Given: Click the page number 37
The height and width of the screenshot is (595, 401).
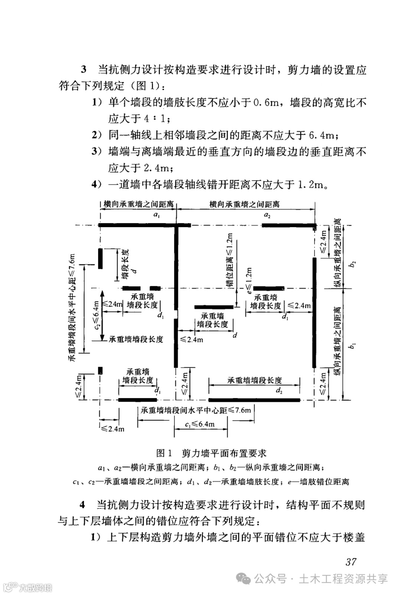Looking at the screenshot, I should [x=351, y=562].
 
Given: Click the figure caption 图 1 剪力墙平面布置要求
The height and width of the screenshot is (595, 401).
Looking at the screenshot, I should [x=211, y=453].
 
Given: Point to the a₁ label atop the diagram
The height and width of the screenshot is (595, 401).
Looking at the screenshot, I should [x=156, y=215].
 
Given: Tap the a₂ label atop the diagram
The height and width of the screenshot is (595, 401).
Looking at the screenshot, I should [x=267, y=215].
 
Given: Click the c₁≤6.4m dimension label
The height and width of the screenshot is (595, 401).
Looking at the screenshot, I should [x=200, y=424].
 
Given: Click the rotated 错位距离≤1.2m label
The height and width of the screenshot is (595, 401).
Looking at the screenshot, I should [x=230, y=260].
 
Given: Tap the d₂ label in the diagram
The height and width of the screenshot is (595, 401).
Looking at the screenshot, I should [x=279, y=390].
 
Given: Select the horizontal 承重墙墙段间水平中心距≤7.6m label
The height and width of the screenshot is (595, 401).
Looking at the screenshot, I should [x=196, y=410].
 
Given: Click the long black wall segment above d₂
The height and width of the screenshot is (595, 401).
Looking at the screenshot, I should [x=254, y=400].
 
